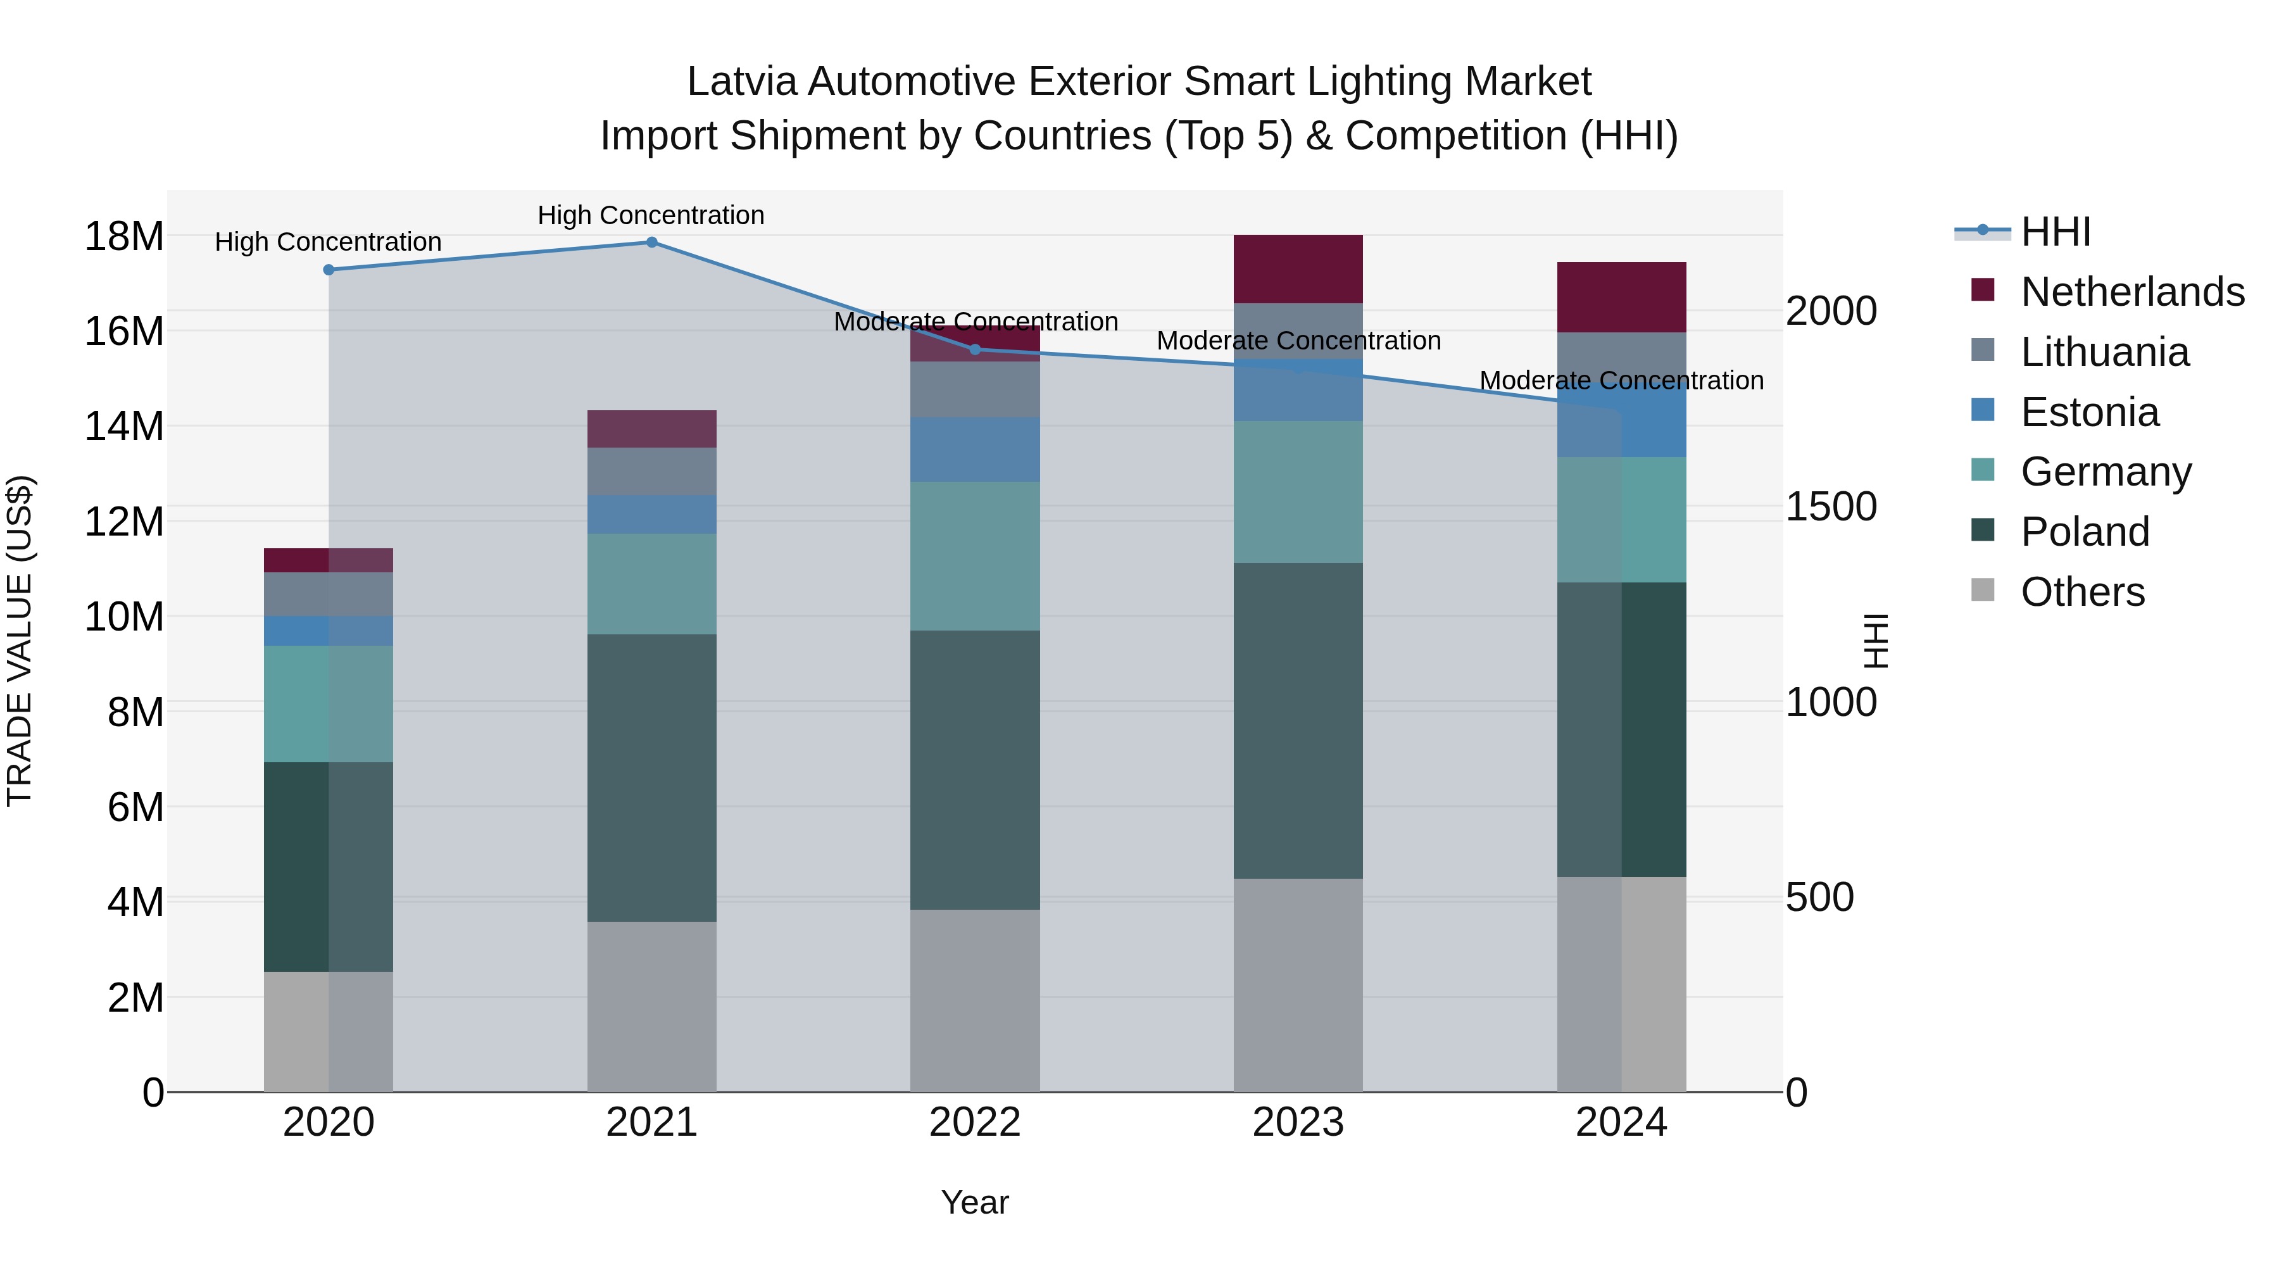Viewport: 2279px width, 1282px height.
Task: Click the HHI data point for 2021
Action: [651, 242]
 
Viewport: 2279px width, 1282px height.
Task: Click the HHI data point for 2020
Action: [328, 270]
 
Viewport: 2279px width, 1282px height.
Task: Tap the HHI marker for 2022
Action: [975, 349]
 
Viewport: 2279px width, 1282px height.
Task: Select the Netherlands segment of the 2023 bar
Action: [1298, 269]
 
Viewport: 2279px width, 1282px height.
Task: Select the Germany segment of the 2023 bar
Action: [1298, 492]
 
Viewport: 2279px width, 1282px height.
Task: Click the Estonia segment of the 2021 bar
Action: [651, 514]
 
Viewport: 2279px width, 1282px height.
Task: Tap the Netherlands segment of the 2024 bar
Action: [1621, 298]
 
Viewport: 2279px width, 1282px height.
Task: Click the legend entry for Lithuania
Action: [2104, 352]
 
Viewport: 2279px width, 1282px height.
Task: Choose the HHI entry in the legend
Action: [2055, 232]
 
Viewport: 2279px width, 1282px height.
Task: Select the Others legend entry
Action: [2081, 592]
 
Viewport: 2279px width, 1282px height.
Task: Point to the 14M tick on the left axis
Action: [124, 427]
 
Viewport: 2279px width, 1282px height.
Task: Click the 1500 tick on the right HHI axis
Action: [1830, 507]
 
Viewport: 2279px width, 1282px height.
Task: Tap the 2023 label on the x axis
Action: [1298, 1122]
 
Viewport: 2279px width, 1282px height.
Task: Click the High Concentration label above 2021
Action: [651, 215]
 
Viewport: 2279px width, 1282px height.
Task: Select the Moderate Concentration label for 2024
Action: [1621, 380]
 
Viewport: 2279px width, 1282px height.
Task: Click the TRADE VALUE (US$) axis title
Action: [20, 641]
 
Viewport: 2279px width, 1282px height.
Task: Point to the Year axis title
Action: [974, 1202]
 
